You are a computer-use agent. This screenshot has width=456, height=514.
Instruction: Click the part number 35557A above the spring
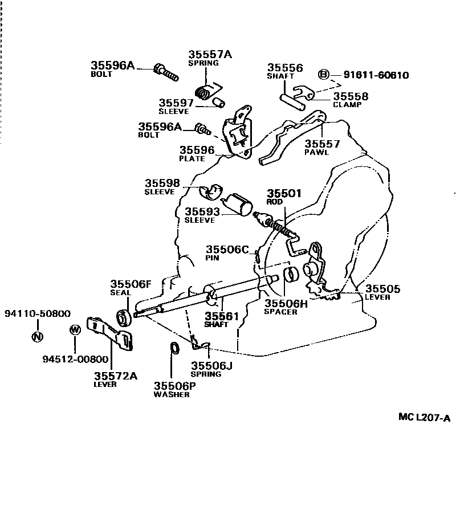tap(210, 55)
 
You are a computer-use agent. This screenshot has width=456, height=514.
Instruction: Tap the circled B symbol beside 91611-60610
tap(323, 75)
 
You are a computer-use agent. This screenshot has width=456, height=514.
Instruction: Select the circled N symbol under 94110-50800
tap(38, 336)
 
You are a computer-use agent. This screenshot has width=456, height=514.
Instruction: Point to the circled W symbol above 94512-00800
tap(75, 330)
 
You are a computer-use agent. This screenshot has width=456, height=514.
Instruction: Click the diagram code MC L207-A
tap(424, 418)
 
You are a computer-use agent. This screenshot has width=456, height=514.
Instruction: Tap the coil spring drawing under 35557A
tap(205, 91)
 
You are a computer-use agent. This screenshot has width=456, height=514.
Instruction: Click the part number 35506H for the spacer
tap(285, 304)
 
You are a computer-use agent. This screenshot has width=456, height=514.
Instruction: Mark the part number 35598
tap(162, 183)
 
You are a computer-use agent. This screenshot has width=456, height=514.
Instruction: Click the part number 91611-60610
tap(376, 75)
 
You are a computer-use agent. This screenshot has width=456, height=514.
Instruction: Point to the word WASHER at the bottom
tap(172, 394)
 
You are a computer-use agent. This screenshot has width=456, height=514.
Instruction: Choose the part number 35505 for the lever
tap(382, 289)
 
